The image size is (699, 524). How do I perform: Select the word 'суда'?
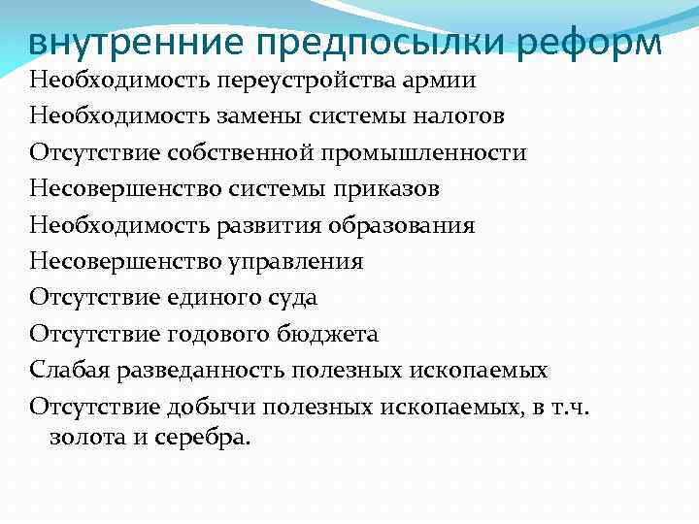[290, 297]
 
